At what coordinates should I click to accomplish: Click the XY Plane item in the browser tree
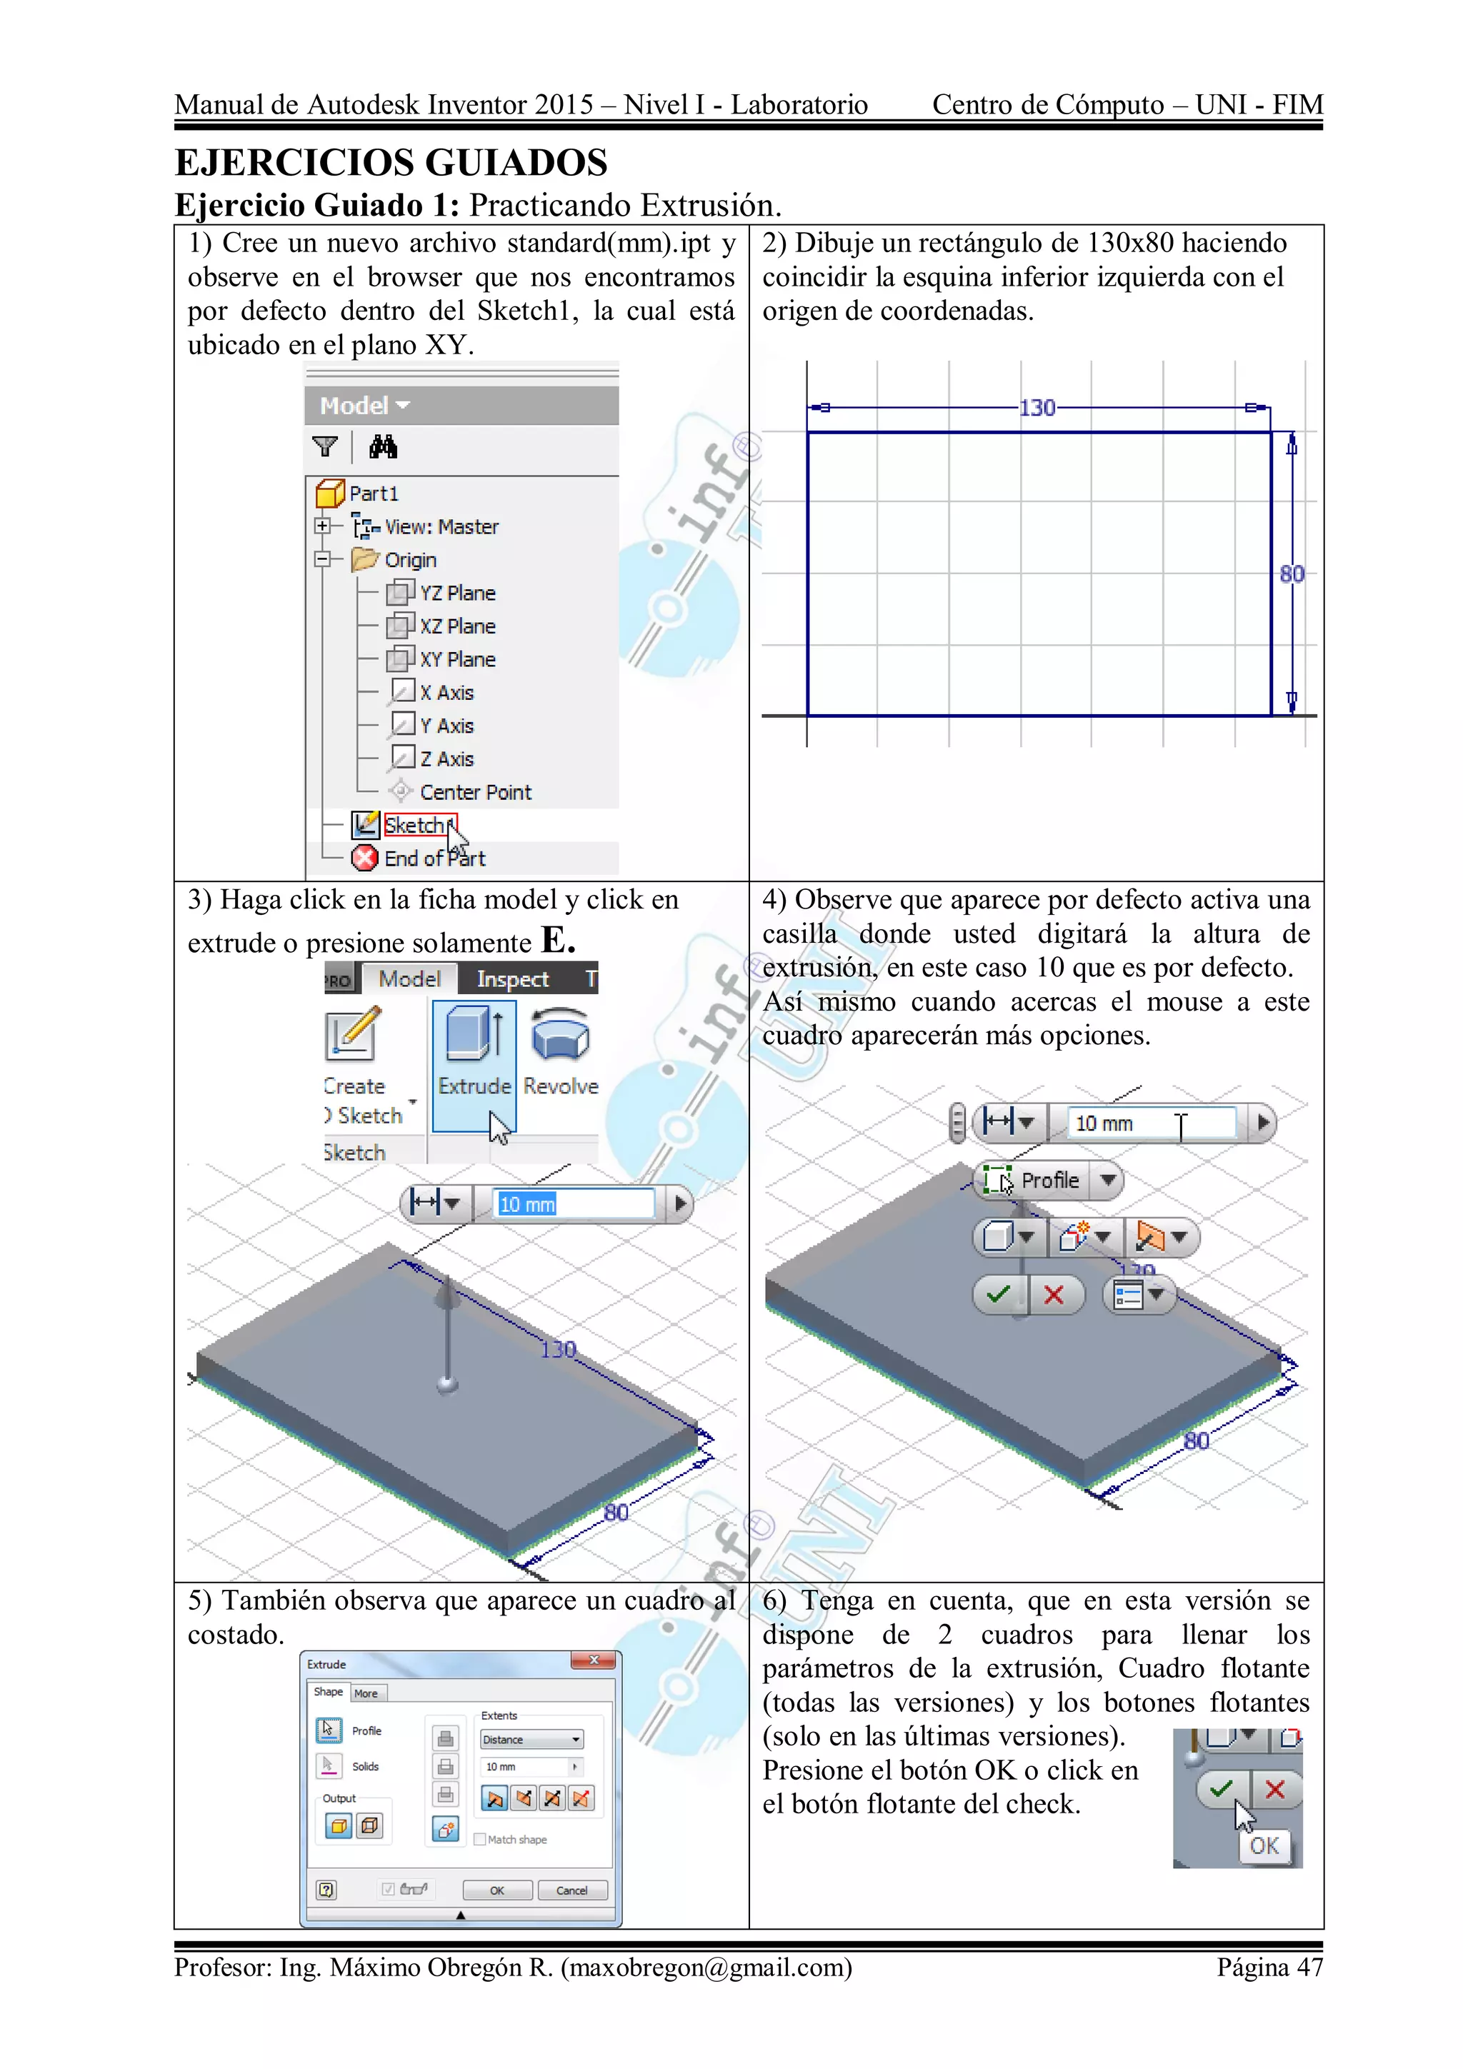pyautogui.click(x=456, y=660)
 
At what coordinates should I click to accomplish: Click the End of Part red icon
pyautogui.click(x=364, y=858)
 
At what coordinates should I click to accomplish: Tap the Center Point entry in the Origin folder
pyautogui.click(x=474, y=792)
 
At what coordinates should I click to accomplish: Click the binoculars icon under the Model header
pyautogui.click(x=383, y=446)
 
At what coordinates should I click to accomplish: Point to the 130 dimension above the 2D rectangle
pyautogui.click(x=1037, y=409)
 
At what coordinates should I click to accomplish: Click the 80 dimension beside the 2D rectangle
pyautogui.click(x=1291, y=574)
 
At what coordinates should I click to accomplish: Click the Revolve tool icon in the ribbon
pyautogui.click(x=560, y=1036)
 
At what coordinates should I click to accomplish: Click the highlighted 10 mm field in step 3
pyautogui.click(x=574, y=1204)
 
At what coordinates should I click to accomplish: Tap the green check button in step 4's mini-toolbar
pyautogui.click(x=998, y=1295)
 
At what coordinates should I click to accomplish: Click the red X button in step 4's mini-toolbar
pyautogui.click(x=1053, y=1295)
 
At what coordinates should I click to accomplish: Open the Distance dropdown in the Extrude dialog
pyautogui.click(x=531, y=1739)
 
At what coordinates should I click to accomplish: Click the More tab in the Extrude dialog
pyautogui.click(x=366, y=1693)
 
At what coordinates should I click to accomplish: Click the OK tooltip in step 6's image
pyautogui.click(x=1264, y=1845)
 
